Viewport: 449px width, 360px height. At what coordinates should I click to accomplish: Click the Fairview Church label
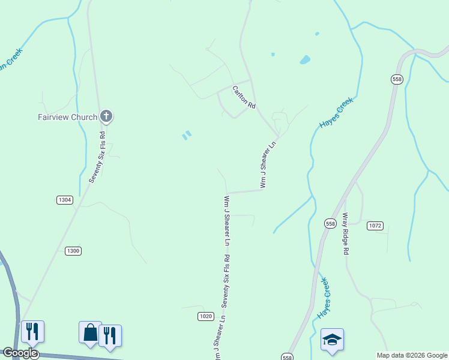tap(67, 117)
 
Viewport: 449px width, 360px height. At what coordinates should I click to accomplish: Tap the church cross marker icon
tap(106, 116)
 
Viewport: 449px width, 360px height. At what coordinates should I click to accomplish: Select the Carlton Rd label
tap(244, 97)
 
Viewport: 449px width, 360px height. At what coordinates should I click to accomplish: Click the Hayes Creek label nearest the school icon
tap(324, 298)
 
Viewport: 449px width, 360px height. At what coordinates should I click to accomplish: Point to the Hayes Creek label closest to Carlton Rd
tap(336, 113)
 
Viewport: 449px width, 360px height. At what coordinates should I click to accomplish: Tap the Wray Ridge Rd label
tap(345, 233)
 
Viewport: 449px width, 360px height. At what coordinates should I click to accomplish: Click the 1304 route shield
tap(65, 200)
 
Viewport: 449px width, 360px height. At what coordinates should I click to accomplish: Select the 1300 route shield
tap(73, 251)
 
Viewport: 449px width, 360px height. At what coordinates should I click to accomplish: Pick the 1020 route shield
tap(205, 316)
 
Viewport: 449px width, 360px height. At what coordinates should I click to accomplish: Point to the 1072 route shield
tap(375, 226)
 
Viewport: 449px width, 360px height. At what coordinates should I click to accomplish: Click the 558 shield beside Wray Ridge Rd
tap(330, 223)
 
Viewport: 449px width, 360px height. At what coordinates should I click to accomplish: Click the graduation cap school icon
tap(332, 340)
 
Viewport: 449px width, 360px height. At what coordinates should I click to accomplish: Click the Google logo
tap(20, 353)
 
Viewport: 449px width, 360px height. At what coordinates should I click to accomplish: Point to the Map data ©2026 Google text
tap(412, 355)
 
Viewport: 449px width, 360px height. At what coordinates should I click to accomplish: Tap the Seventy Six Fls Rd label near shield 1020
tap(226, 280)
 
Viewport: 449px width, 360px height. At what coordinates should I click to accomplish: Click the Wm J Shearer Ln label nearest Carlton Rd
tap(268, 165)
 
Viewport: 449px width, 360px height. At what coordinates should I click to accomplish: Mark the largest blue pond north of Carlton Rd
tap(305, 60)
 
